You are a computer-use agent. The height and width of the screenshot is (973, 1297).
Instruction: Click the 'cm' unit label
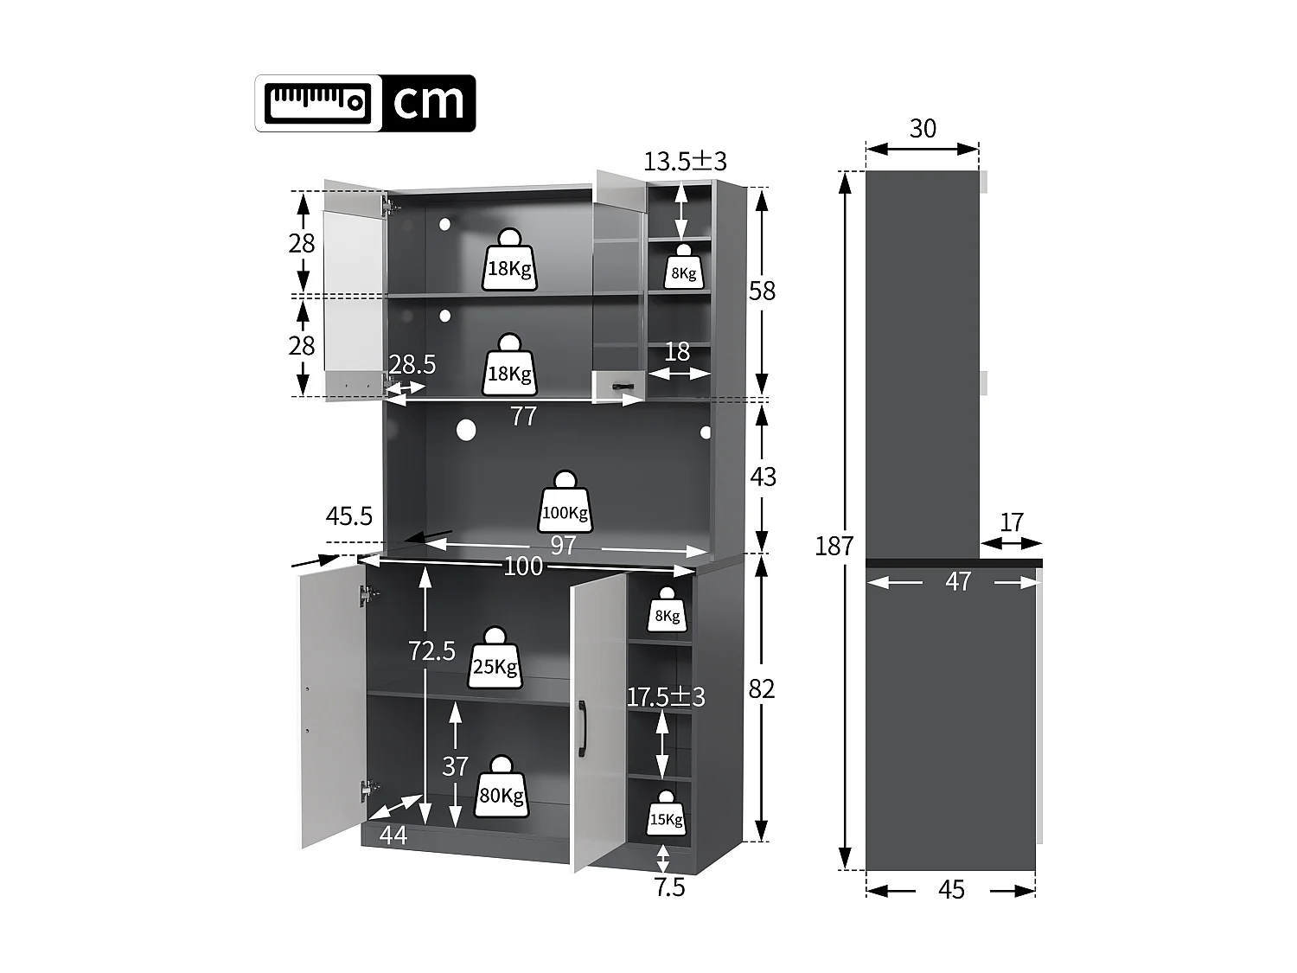428,103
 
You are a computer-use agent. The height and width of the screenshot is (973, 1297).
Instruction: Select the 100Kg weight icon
565,503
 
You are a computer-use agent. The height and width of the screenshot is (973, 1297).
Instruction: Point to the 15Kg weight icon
666,813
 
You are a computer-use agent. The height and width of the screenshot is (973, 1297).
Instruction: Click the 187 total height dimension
834,546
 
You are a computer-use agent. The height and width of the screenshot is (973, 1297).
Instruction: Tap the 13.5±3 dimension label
685,161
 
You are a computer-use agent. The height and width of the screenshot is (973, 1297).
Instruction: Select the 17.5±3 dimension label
666,696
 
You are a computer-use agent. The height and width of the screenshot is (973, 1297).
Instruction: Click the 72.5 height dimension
431,650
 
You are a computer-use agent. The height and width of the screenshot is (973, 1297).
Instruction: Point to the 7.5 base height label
669,887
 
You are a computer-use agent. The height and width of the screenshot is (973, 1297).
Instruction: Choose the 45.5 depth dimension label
348,516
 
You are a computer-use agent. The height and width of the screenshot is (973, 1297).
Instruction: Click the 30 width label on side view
923,128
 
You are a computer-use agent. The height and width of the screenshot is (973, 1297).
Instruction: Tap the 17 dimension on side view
1012,522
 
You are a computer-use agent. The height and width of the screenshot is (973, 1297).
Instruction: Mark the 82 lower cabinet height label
762,688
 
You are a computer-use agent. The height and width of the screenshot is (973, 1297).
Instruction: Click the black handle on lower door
583,729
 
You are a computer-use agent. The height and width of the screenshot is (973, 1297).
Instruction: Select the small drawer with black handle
618,385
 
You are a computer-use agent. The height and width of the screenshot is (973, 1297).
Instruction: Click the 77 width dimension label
523,416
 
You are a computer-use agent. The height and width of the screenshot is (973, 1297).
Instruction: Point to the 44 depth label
393,835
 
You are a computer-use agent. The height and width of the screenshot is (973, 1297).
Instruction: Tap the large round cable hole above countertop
466,430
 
